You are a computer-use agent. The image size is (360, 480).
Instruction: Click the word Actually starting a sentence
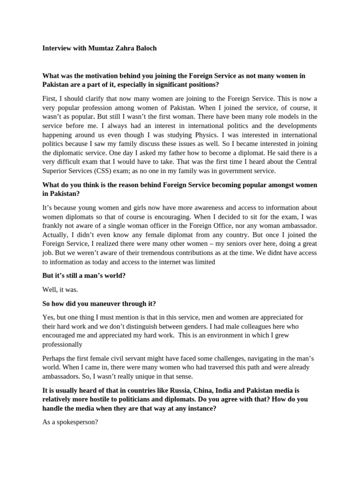point(56,234)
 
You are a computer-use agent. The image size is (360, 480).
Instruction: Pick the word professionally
point(62,345)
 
